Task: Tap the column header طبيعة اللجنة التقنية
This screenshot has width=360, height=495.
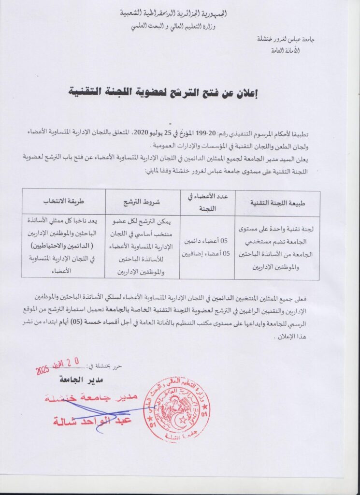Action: (277, 203)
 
